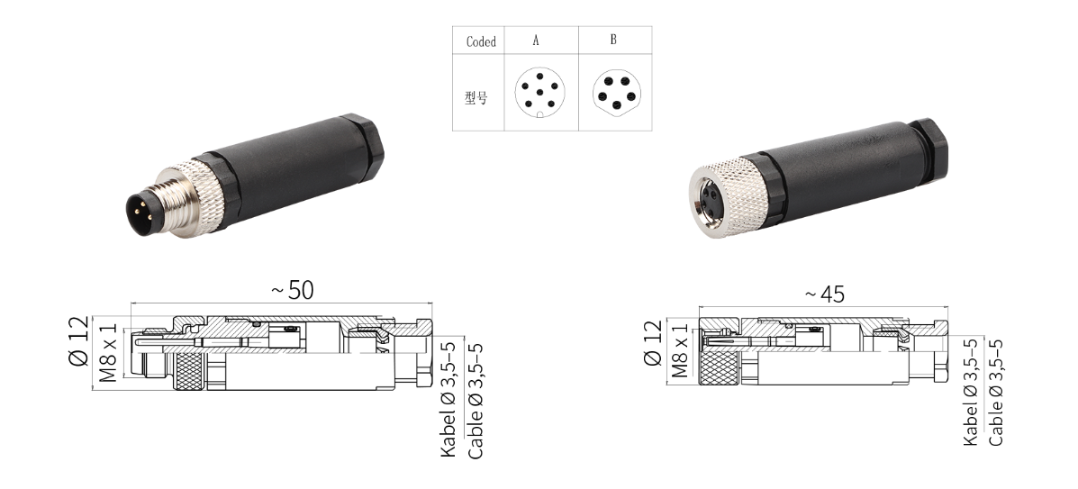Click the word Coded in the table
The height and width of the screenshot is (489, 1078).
click(481, 41)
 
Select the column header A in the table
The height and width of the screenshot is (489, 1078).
click(536, 41)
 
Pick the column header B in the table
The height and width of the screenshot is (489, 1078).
click(613, 41)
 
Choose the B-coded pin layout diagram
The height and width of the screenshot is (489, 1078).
click(614, 95)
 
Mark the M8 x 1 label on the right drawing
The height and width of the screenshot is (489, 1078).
click(680, 351)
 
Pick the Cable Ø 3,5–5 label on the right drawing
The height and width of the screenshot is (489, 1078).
click(996, 392)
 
